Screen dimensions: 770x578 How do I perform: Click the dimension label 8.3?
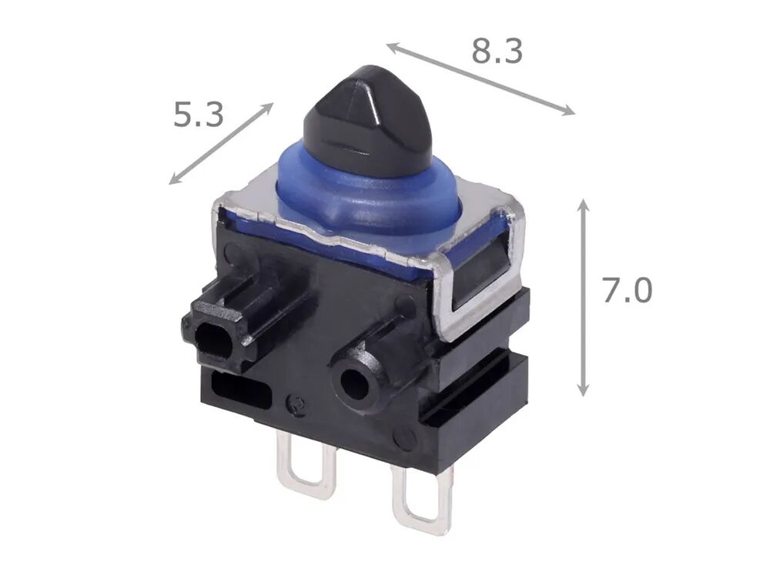click(497, 51)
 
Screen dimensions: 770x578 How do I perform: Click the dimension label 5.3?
click(199, 115)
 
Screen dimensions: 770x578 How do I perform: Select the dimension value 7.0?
click(627, 290)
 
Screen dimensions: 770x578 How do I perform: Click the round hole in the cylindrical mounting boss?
click(354, 381)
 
